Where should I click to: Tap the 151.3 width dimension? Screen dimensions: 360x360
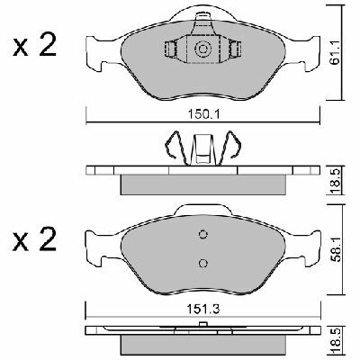pyautogui.click(x=203, y=306)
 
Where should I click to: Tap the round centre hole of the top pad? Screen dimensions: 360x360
pyautogui.click(x=202, y=50)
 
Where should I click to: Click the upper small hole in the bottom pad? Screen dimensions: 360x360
pyautogui.click(x=202, y=235)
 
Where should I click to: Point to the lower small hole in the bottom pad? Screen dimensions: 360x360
pyautogui.click(x=202, y=264)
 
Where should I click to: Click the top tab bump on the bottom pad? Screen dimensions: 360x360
pyautogui.click(x=202, y=209)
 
